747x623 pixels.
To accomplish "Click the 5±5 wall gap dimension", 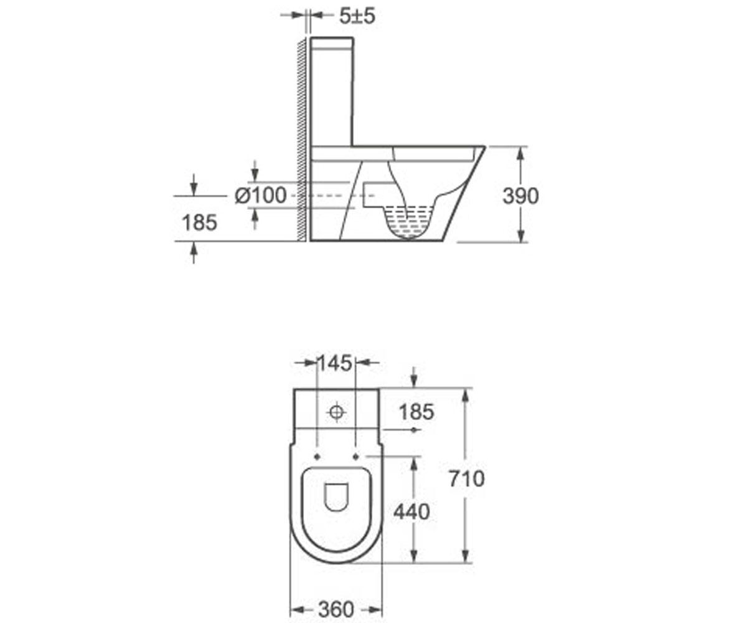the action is tap(357, 16).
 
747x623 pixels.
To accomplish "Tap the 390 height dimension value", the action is tap(520, 196).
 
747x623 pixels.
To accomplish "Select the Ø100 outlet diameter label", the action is tap(260, 196).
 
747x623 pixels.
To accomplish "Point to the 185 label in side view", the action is tap(199, 222).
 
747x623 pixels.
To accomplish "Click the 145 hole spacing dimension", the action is tap(336, 363).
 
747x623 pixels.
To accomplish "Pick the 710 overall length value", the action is tap(467, 478).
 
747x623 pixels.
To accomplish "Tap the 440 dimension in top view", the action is tap(411, 511).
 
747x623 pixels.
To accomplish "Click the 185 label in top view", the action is tap(416, 412).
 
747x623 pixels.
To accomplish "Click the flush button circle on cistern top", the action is tap(336, 412).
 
